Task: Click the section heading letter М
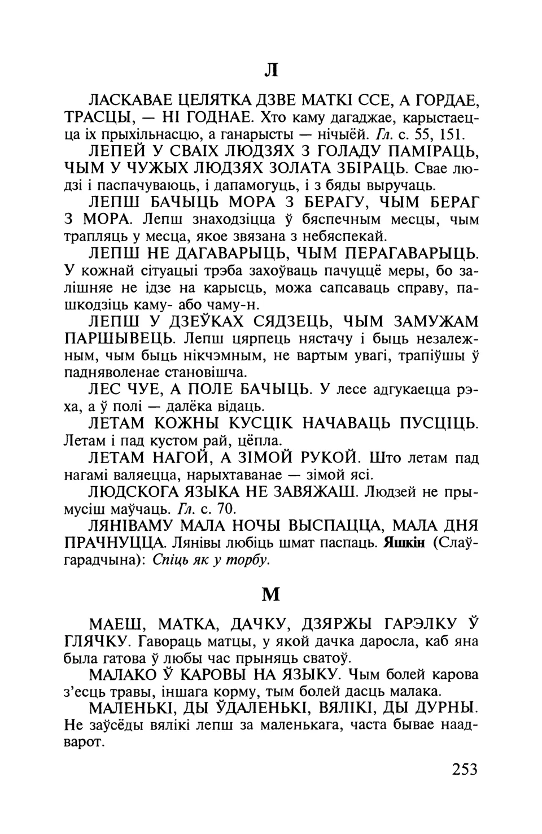tap(272, 594)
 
